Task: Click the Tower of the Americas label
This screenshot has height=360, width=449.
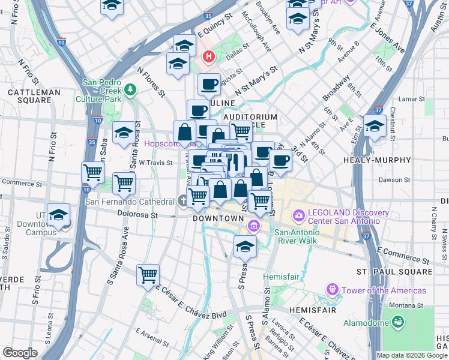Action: point(384,290)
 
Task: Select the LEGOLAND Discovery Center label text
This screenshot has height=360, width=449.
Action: point(344,217)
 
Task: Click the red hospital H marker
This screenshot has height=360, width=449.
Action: point(209,57)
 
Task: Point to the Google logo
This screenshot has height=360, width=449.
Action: point(20,353)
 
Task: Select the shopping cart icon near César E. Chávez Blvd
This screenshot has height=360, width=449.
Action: point(148,276)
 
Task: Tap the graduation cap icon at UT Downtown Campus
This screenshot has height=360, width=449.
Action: point(58,215)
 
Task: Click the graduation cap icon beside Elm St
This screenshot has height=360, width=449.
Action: point(374,127)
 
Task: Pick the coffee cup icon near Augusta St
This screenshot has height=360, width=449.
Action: point(209,85)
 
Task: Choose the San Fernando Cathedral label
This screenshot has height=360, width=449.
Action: point(130,202)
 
